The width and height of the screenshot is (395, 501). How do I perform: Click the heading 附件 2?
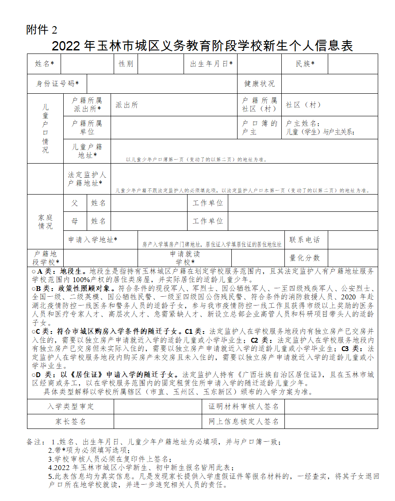point(42,30)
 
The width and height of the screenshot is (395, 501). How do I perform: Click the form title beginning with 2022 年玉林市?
point(202,46)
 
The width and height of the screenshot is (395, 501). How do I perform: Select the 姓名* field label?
point(44,64)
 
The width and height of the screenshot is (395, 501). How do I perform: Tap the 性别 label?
point(126,64)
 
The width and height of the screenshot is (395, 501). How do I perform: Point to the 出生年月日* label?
point(211,64)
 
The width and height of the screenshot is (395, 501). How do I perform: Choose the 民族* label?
point(305,64)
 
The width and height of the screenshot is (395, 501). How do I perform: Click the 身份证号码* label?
point(58,84)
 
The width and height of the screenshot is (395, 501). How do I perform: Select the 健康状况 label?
point(259,84)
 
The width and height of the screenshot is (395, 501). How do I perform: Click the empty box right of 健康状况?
point(330,84)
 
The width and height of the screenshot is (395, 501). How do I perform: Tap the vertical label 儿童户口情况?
point(46,128)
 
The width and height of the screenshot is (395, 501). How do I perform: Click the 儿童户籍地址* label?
point(87,151)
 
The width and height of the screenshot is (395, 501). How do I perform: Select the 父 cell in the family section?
point(75,203)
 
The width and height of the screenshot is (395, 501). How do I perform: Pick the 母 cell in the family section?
point(75,221)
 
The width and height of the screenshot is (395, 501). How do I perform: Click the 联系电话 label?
point(304,240)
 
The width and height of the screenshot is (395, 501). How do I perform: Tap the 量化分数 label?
point(304,258)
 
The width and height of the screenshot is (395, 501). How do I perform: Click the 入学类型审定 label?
point(71,406)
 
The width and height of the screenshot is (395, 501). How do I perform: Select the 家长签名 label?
point(71,421)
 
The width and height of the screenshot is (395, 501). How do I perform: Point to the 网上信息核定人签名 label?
point(244,421)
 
